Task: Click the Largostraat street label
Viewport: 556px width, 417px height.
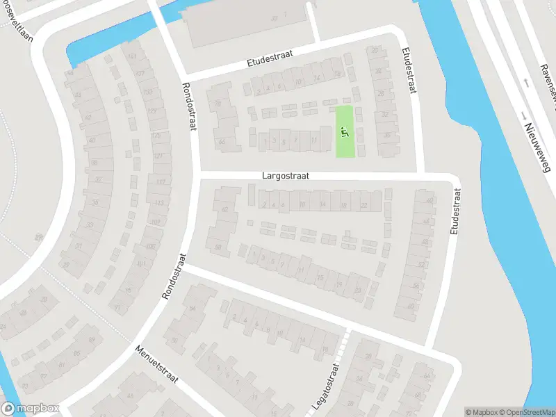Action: (x=285, y=177)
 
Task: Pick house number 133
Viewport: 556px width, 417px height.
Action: (x=147, y=92)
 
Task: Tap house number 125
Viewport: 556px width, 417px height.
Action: (x=156, y=136)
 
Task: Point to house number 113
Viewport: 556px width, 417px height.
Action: (x=159, y=203)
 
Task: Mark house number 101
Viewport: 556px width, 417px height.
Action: (x=141, y=264)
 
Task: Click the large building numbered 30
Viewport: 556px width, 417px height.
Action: (x=275, y=18)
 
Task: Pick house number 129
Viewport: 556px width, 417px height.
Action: (x=152, y=111)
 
